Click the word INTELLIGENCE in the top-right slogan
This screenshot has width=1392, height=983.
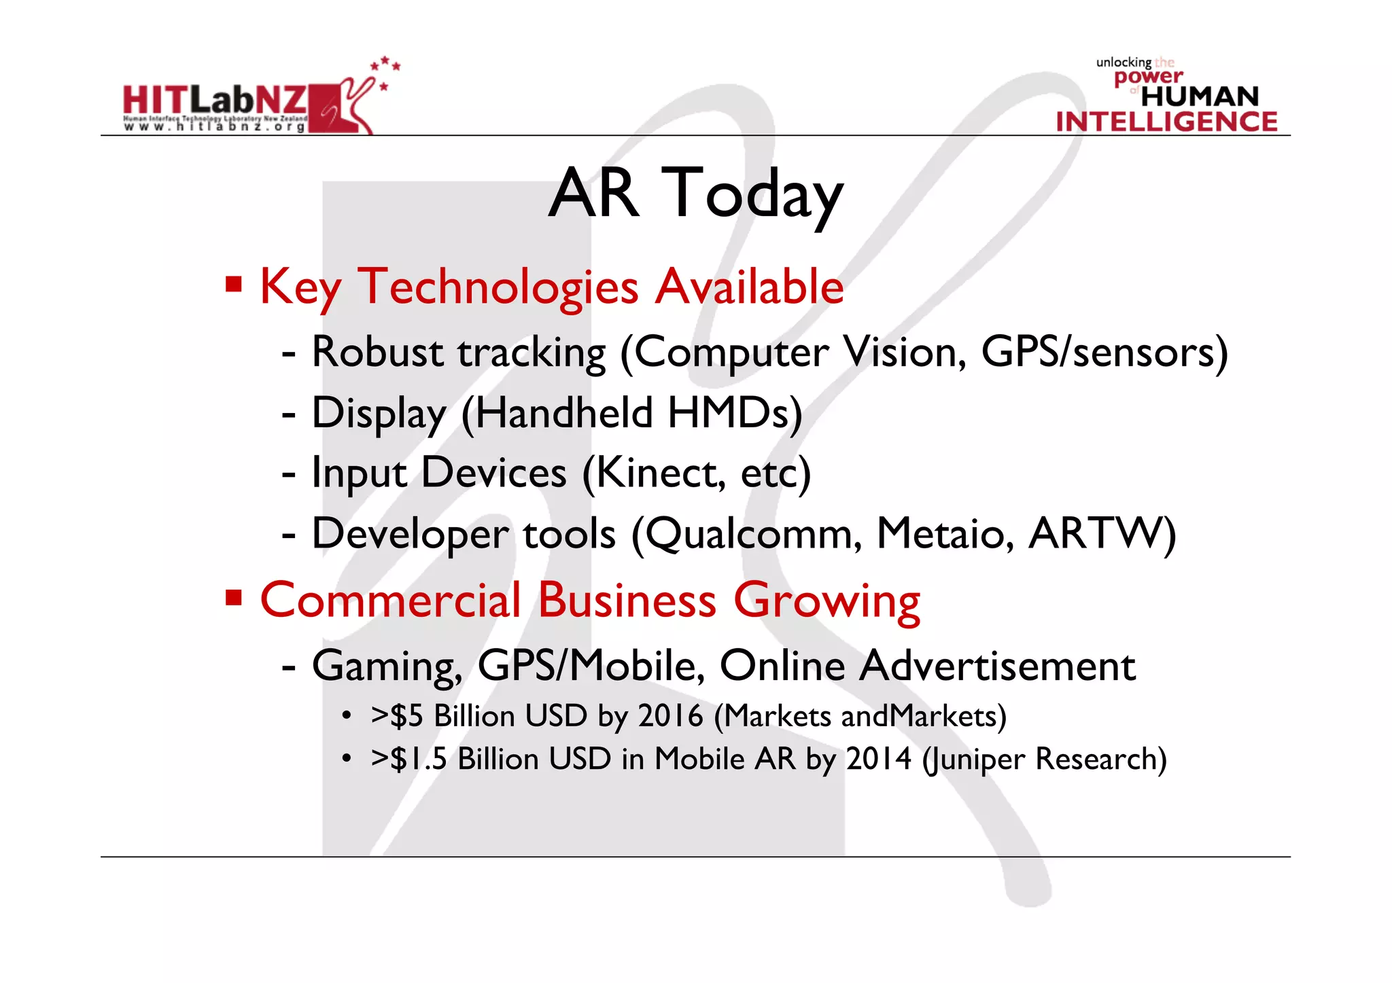[1166, 122]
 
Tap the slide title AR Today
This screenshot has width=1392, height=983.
[695, 194]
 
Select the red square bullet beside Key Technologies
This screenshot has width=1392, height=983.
[234, 284]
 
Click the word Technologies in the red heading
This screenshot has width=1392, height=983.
[498, 287]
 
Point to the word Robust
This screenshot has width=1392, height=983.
[377, 352]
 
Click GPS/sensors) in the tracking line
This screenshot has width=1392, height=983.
[1104, 352]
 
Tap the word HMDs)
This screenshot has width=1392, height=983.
[734, 412]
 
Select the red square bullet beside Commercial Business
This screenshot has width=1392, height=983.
[234, 598]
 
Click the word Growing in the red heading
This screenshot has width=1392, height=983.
[826, 601]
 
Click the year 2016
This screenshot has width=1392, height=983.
[670, 716]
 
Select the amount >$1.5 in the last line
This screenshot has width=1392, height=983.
[408, 759]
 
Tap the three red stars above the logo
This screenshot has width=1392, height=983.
[385, 65]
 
